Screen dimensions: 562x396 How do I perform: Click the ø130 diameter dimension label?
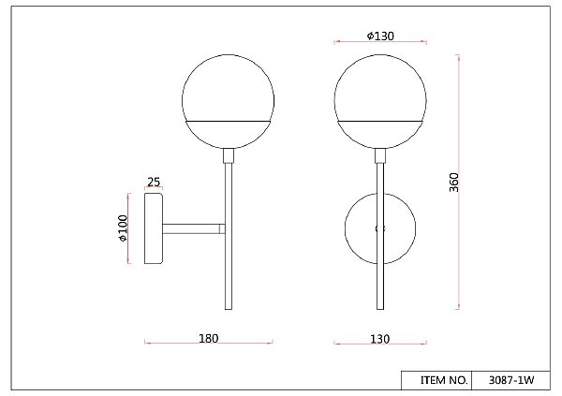(380, 36)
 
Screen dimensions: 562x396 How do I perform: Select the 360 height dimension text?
(453, 183)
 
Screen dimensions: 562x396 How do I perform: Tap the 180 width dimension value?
(208, 338)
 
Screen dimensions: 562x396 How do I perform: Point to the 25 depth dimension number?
(154, 182)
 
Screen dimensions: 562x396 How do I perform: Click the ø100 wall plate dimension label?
(123, 228)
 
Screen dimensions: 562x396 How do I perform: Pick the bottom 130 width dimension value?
(379, 339)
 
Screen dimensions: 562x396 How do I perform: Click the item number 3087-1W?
(511, 380)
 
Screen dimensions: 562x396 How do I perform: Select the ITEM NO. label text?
(444, 380)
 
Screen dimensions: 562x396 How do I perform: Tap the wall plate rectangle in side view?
(154, 228)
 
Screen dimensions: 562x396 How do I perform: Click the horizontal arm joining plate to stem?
(194, 228)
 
